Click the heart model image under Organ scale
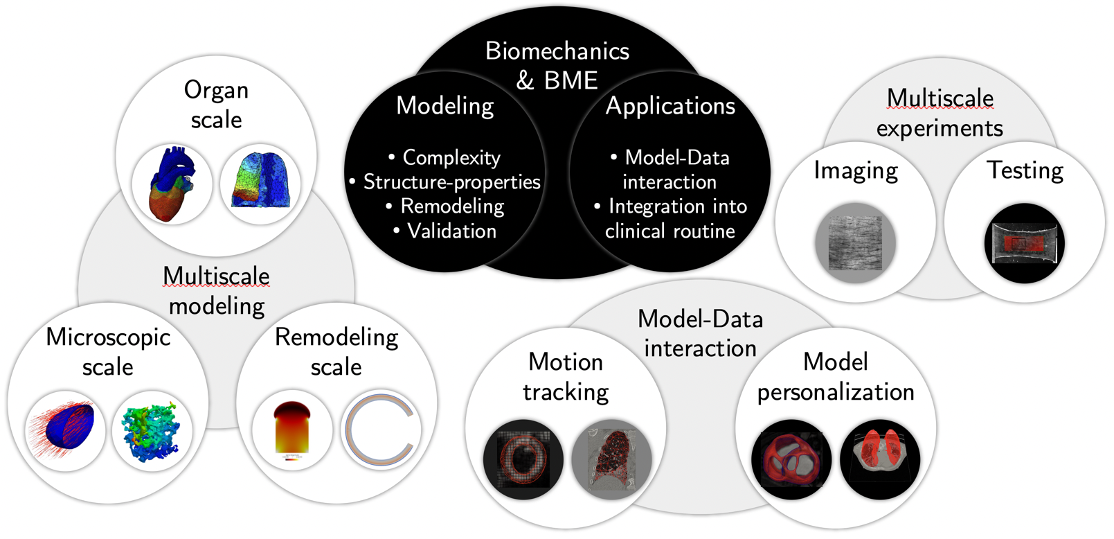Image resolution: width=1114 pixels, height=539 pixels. pos(172,184)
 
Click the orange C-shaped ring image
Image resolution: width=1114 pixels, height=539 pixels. pos(381,430)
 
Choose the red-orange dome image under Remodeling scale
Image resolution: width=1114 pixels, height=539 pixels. pos(292,430)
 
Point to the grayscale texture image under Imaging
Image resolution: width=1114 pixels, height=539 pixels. pos(856,242)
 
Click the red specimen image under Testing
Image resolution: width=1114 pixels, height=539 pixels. pos(1024,243)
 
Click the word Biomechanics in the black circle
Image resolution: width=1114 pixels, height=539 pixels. pos(557,51)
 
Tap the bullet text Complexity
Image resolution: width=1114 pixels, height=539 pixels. pos(451,158)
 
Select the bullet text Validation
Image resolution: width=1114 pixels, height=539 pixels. pos(451,231)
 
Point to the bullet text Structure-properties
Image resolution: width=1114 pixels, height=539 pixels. pos(451,182)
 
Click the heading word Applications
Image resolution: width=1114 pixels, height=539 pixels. pos(670,106)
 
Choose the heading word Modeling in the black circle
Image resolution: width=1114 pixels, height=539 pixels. pos(445,106)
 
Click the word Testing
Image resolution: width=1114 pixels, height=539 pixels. pos(1025,170)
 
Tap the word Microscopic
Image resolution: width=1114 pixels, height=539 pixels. pos(108,337)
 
